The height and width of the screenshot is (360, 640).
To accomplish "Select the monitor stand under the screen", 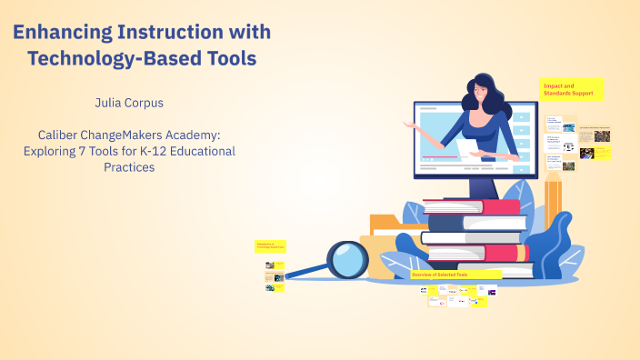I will click(480, 187).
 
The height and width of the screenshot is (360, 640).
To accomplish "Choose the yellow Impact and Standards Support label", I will click(571, 88).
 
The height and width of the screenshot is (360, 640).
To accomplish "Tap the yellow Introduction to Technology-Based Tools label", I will click(270, 246).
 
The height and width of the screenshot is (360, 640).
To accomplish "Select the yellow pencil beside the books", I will click(553, 205).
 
